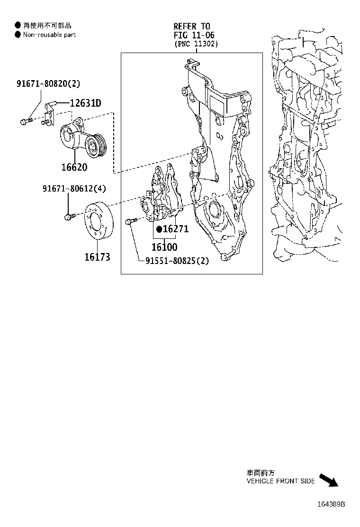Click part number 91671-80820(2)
click(48, 84)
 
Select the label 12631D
click(85, 103)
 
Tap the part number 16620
click(74, 167)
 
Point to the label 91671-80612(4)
click(74, 189)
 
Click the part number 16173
click(97, 257)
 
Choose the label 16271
click(176, 229)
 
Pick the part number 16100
click(164, 246)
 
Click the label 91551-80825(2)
click(177, 260)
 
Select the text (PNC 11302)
click(196, 44)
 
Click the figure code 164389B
click(331, 504)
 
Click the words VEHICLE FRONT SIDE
click(280, 481)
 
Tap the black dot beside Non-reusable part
click(18, 35)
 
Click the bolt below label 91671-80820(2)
click(25, 122)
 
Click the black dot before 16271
click(160, 229)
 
